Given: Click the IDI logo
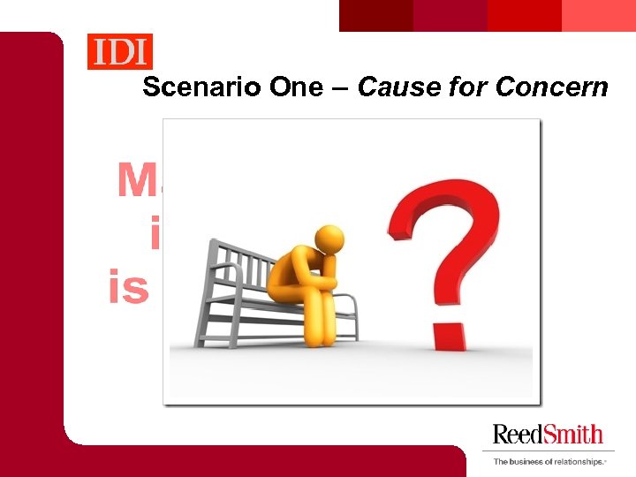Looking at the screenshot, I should click(120, 51).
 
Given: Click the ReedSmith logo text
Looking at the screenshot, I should click(548, 435).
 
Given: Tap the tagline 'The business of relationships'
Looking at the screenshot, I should click(549, 461).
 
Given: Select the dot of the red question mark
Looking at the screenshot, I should click(449, 337).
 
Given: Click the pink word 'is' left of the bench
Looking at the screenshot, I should click(129, 288).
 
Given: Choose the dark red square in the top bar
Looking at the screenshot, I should click(376, 15).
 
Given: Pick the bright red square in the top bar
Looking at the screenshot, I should click(525, 15).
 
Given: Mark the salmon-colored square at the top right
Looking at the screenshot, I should click(599, 15).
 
